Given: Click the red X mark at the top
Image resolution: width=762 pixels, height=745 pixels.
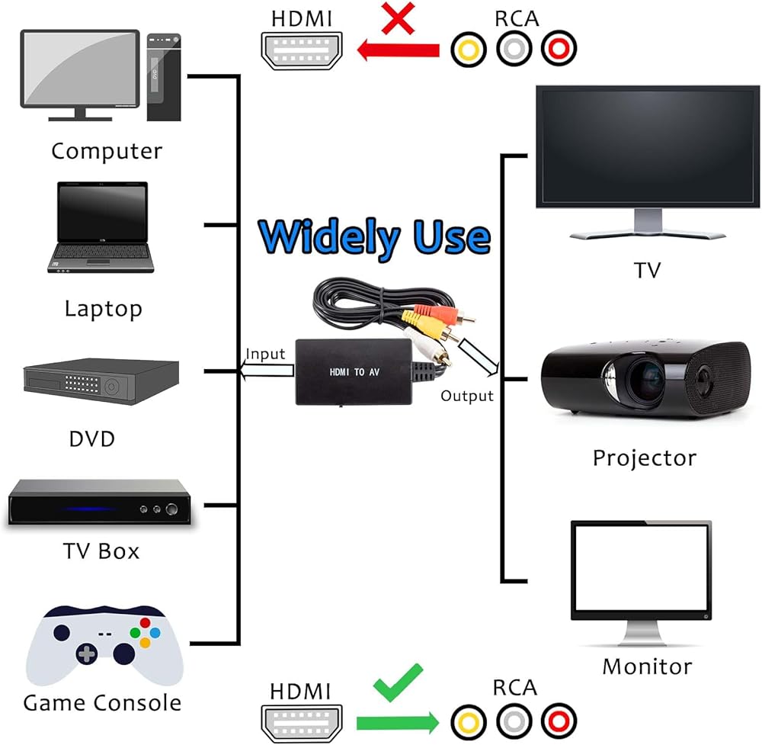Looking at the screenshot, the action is [x=398, y=18].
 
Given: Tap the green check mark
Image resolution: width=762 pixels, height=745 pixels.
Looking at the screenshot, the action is [x=398, y=682].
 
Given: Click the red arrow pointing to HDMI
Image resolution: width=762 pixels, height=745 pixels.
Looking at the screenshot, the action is [x=398, y=50].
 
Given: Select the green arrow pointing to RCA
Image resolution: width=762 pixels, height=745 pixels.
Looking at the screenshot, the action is [x=398, y=723].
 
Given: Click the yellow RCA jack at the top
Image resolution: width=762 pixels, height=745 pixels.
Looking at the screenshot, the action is [x=469, y=49].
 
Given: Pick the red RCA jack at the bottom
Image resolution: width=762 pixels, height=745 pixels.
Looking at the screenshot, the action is [x=559, y=721].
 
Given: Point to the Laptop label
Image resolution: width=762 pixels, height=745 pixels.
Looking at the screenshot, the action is [x=104, y=309].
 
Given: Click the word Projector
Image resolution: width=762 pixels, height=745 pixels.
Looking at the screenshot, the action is [x=645, y=458].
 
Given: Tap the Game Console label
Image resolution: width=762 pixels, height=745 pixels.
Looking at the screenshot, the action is [x=102, y=703].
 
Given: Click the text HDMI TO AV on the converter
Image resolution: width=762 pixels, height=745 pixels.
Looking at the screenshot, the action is [x=354, y=372].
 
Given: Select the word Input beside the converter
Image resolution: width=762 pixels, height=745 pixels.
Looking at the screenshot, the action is [x=265, y=354].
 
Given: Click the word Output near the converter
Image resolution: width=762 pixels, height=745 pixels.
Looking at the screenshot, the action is [x=467, y=396].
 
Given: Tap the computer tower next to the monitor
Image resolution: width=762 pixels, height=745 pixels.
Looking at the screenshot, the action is [x=164, y=77].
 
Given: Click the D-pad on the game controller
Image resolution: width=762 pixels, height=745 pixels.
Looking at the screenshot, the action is [x=87, y=653].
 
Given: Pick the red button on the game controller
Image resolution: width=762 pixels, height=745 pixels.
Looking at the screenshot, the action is [x=145, y=622].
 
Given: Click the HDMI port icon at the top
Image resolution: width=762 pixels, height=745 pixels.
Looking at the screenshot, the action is [x=302, y=50].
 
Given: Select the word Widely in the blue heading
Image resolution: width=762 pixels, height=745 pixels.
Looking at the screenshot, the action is [x=329, y=237].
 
